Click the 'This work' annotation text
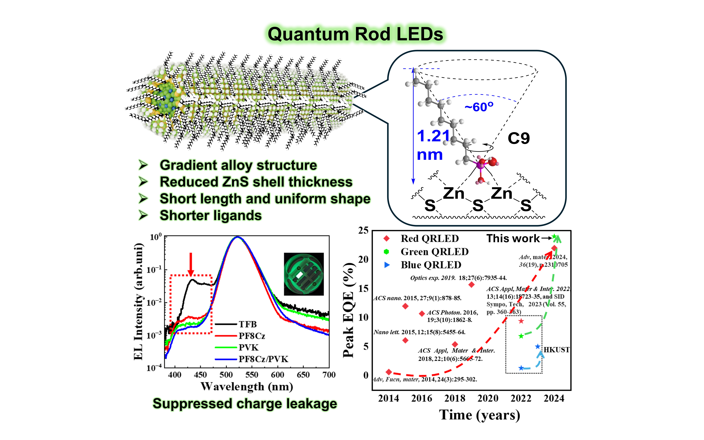(x=513, y=238)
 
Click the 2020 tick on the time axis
(x=488, y=398)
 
